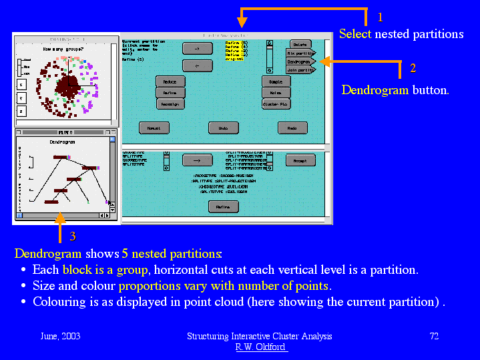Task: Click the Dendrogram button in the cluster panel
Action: (x=300, y=61)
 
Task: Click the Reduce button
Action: (x=170, y=81)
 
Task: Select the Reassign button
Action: (x=170, y=104)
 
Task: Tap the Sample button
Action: (x=276, y=81)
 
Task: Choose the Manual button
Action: (x=154, y=128)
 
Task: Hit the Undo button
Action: (x=223, y=128)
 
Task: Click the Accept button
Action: (x=300, y=161)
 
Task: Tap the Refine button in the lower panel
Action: (x=223, y=207)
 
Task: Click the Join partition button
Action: (x=300, y=69)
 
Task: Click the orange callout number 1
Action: (x=381, y=17)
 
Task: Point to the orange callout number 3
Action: (x=73, y=236)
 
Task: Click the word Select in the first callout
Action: (x=355, y=34)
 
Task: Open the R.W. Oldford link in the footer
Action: (x=260, y=347)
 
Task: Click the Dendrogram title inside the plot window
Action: (x=62, y=142)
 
